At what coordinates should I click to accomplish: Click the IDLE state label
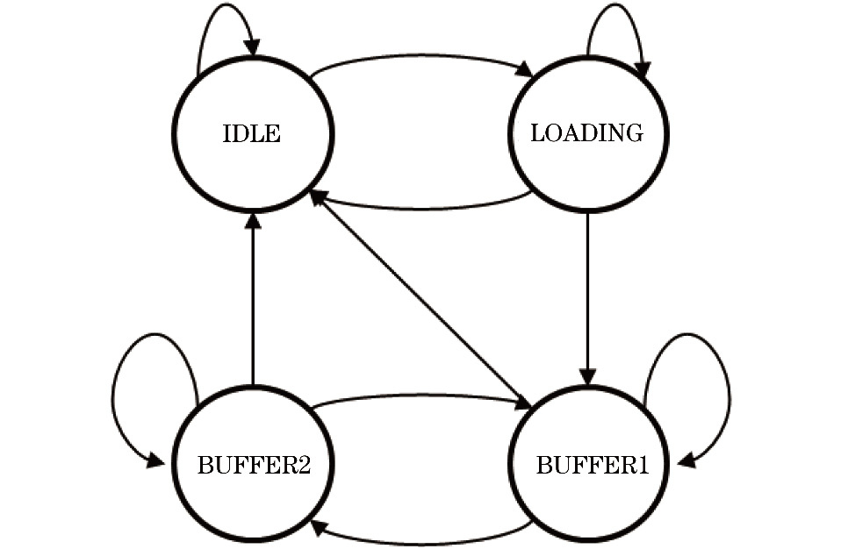[252, 134]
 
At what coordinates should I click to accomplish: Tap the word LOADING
[586, 133]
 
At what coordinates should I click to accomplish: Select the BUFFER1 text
[592, 464]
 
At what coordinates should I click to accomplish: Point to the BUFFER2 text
[254, 464]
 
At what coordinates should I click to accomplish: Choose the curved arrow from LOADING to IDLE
[421, 208]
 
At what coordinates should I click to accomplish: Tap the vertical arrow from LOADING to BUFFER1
[587, 298]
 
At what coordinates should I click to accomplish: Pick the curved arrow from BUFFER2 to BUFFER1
[421, 396]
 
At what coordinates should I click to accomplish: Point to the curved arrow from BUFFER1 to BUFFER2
[421, 541]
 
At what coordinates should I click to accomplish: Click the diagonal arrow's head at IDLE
[317, 197]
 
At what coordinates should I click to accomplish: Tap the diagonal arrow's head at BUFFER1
[524, 403]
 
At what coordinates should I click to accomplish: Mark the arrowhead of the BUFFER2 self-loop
[158, 461]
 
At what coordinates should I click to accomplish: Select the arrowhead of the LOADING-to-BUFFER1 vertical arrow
[587, 375]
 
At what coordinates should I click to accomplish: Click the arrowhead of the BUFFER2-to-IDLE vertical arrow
[253, 219]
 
